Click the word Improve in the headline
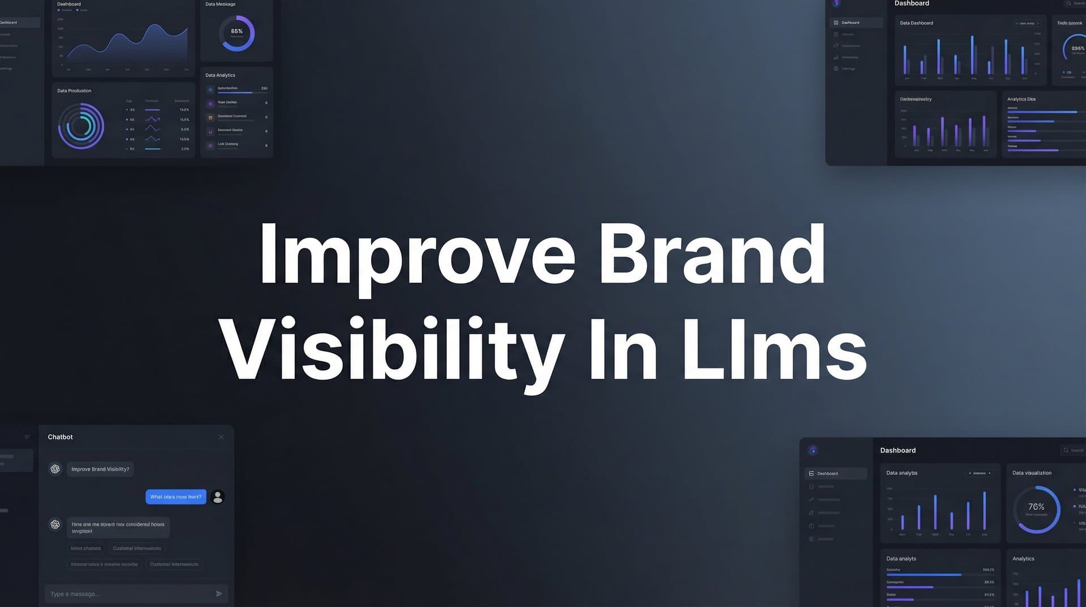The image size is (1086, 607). point(416,256)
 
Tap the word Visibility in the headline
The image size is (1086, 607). point(391,349)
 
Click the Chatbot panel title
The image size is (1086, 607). point(60,437)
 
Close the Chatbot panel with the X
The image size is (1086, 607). point(221,437)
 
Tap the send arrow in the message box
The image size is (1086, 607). point(219,593)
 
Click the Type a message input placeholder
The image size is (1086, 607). point(75,594)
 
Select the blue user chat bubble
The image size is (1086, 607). point(175,497)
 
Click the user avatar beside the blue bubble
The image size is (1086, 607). point(218,497)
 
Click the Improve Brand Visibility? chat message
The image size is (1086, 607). point(100,469)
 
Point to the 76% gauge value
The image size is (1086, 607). point(1036,507)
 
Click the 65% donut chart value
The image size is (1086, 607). point(236,32)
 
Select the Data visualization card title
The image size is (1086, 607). point(1032,473)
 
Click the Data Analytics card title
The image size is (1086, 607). point(220,75)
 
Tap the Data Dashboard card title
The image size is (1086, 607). point(916,23)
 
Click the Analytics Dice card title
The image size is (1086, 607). point(1021,99)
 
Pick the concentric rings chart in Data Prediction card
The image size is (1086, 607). point(81,126)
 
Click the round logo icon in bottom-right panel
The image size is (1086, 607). point(813,450)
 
